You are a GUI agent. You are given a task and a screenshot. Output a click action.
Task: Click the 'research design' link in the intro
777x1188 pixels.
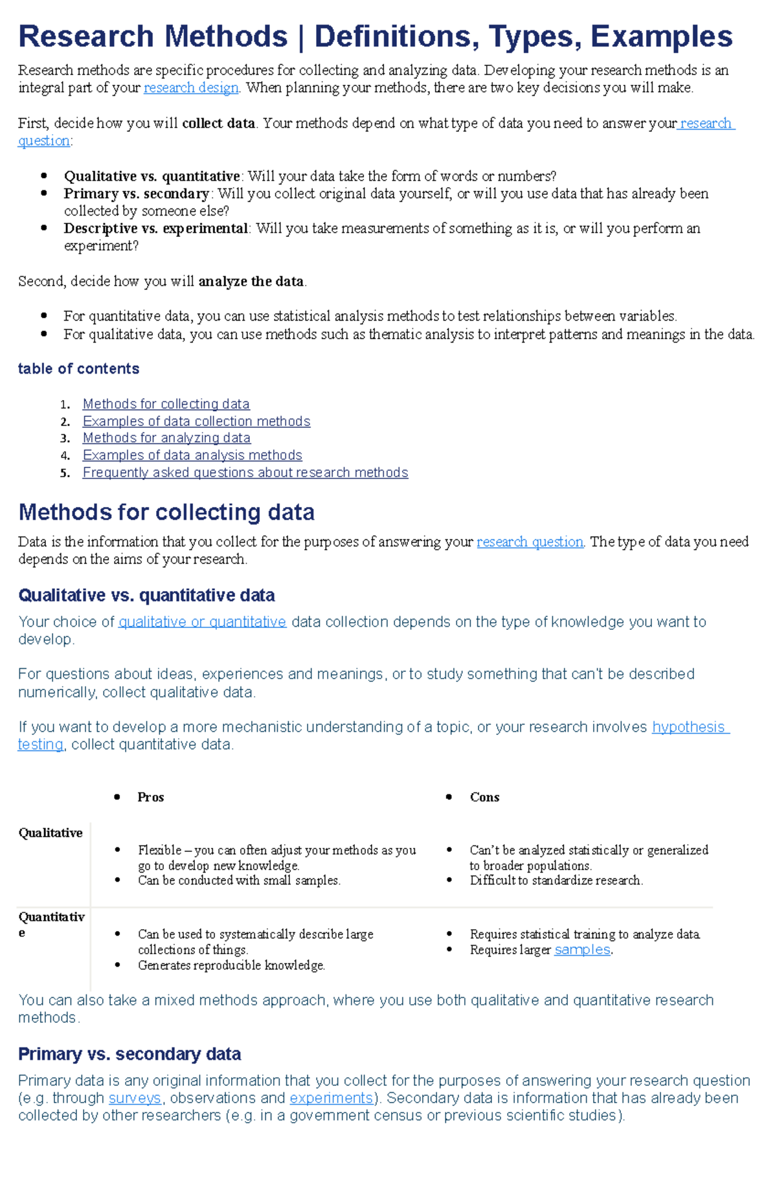(x=191, y=87)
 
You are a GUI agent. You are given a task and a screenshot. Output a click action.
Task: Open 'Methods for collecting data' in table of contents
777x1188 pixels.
(x=166, y=404)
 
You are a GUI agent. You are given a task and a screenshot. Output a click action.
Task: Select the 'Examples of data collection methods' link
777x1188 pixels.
(x=196, y=421)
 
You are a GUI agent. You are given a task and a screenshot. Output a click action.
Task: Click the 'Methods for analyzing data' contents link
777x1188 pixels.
(x=166, y=438)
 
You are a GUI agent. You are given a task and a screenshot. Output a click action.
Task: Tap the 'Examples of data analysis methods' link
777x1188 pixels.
(x=192, y=456)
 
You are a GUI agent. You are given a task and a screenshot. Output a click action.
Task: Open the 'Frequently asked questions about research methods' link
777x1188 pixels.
(x=245, y=473)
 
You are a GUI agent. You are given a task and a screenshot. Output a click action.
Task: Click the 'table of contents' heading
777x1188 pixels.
(x=78, y=368)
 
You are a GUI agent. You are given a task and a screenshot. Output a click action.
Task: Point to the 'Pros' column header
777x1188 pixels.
(x=150, y=797)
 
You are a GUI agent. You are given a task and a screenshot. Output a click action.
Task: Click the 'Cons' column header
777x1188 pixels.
(x=484, y=797)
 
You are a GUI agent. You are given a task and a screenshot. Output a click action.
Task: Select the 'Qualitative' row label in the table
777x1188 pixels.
(x=51, y=833)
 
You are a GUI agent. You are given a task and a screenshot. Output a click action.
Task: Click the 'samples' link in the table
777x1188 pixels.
(x=582, y=950)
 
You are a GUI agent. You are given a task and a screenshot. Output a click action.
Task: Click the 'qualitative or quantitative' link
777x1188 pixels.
(x=202, y=622)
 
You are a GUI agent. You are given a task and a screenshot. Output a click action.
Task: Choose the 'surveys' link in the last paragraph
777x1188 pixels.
(x=135, y=1098)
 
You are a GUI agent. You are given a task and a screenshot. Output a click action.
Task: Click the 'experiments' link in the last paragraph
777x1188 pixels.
(x=331, y=1098)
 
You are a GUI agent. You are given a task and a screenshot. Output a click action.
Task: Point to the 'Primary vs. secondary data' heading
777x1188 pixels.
(x=129, y=1054)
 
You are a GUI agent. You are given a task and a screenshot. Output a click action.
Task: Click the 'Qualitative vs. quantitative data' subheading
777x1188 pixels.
(x=146, y=595)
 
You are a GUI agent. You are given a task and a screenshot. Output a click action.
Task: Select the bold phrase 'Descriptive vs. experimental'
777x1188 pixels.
(x=155, y=229)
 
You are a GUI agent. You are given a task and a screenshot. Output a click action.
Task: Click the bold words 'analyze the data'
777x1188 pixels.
(x=251, y=281)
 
